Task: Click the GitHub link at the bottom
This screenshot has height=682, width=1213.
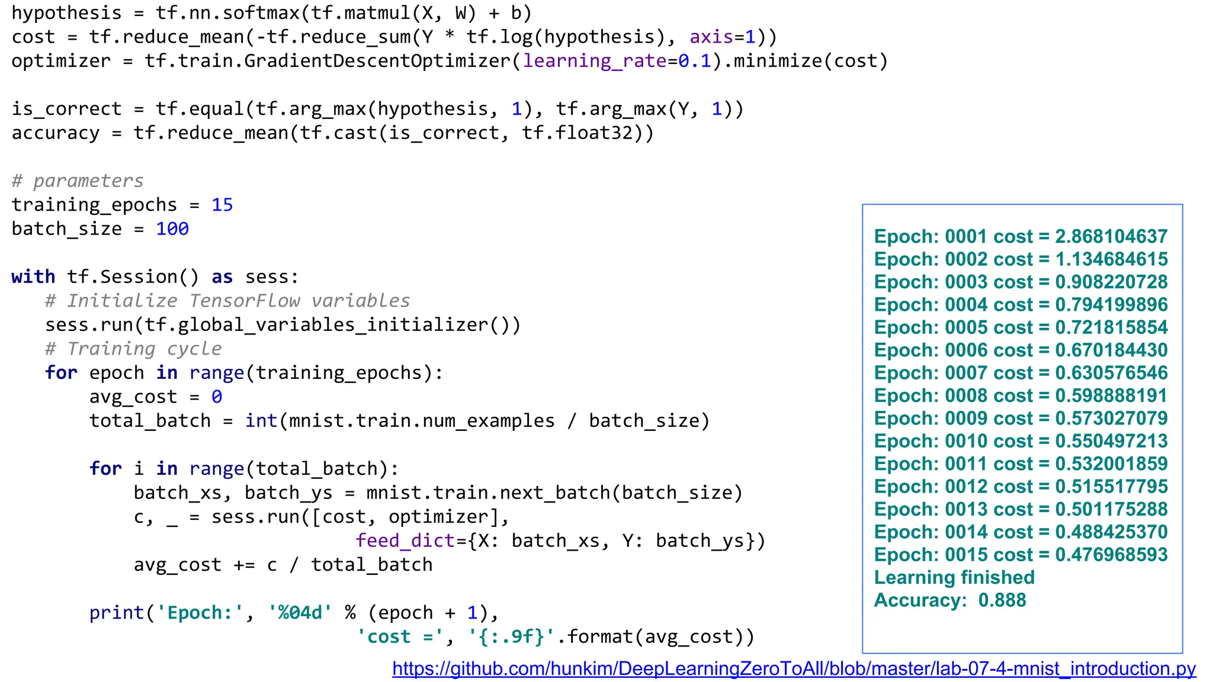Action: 794,668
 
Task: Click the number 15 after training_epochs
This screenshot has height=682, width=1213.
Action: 222,205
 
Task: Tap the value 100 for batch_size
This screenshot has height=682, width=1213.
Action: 172,229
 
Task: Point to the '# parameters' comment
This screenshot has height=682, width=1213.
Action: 78,181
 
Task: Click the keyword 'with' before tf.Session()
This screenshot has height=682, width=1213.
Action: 33,277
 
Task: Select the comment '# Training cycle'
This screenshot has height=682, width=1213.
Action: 133,349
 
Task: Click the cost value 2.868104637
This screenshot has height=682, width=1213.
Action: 1111,237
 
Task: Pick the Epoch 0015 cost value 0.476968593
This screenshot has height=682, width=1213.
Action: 1111,555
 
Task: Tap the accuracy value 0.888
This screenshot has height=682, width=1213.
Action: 1002,600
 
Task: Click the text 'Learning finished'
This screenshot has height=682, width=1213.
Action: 954,577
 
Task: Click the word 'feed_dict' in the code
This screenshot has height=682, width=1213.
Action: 405,541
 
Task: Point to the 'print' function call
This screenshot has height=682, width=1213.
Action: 117,613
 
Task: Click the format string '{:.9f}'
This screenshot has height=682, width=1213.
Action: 511,637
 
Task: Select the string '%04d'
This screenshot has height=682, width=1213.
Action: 300,613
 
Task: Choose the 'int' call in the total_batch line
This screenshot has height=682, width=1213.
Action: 261,421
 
